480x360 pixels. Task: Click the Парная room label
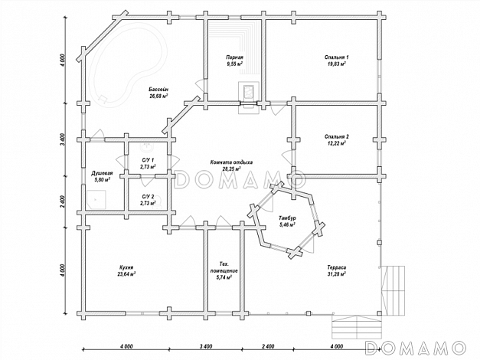tap(234, 57)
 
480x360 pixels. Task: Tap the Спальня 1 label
tap(336, 57)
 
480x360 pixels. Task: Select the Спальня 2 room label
tap(336, 136)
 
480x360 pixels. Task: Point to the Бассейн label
tap(159, 90)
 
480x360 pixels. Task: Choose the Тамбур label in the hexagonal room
tap(287, 218)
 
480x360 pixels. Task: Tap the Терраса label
tap(336, 267)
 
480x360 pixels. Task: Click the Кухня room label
tap(126, 267)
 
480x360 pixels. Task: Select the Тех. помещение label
tap(224, 267)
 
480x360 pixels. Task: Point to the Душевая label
tap(102, 173)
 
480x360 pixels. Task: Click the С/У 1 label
tap(148, 160)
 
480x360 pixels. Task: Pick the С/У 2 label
tap(148, 196)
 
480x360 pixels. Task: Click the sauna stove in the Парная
tap(249, 91)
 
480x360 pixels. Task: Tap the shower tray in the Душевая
tap(96, 199)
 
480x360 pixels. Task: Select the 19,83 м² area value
tap(336, 64)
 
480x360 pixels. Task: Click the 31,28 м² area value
tap(336, 274)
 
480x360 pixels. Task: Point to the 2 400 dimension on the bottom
tap(268, 346)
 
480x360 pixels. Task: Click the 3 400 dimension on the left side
tap(62, 139)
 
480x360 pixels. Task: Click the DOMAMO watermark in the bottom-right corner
tap(416, 348)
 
